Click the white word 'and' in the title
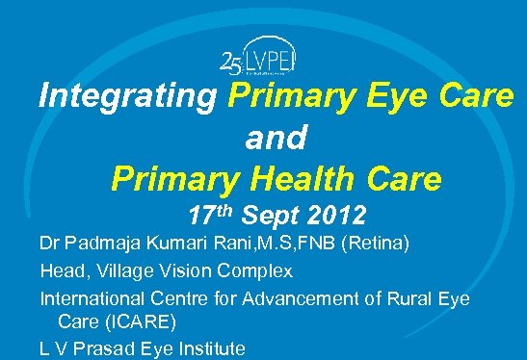(276, 139)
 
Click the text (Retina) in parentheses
(376, 246)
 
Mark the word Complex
(260, 272)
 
